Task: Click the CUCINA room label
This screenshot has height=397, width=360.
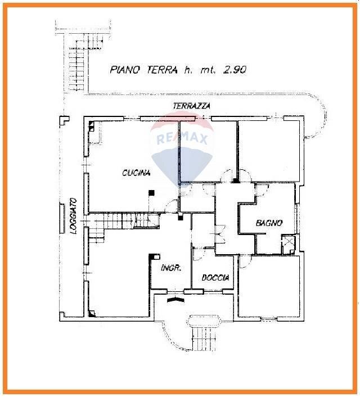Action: point(137,173)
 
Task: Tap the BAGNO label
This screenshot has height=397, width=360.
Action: point(268,223)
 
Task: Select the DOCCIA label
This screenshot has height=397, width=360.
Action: point(216,278)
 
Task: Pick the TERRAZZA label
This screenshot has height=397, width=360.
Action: point(192,106)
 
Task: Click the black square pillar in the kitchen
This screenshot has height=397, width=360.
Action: point(151,193)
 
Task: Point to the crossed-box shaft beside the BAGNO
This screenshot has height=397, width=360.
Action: point(289,243)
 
